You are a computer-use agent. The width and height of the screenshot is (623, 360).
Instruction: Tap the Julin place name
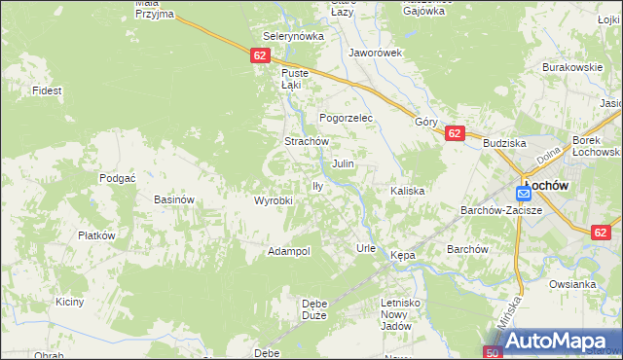[x=343, y=164]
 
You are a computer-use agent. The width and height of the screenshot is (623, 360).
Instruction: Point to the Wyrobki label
[x=274, y=200]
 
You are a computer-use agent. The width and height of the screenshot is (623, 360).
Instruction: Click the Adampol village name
[x=288, y=251]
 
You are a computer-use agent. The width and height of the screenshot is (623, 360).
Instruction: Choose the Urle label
[x=366, y=248]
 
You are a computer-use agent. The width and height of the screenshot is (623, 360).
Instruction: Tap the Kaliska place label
[x=408, y=191]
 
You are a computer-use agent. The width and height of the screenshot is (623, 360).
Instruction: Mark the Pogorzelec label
[x=341, y=117]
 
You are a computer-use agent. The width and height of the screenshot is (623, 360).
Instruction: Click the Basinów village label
[x=175, y=199]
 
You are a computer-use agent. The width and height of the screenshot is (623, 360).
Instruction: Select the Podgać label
[x=117, y=178]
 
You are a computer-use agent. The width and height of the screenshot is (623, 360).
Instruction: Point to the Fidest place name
[x=47, y=90]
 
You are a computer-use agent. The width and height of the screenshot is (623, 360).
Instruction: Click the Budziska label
[x=504, y=143]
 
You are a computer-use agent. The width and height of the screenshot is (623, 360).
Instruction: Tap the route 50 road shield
[x=493, y=351]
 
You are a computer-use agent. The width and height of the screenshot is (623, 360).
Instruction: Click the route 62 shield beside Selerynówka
[x=259, y=55]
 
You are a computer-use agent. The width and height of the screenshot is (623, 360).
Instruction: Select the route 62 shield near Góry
[x=454, y=133]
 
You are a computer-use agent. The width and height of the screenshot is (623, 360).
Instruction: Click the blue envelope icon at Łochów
[x=524, y=194]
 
